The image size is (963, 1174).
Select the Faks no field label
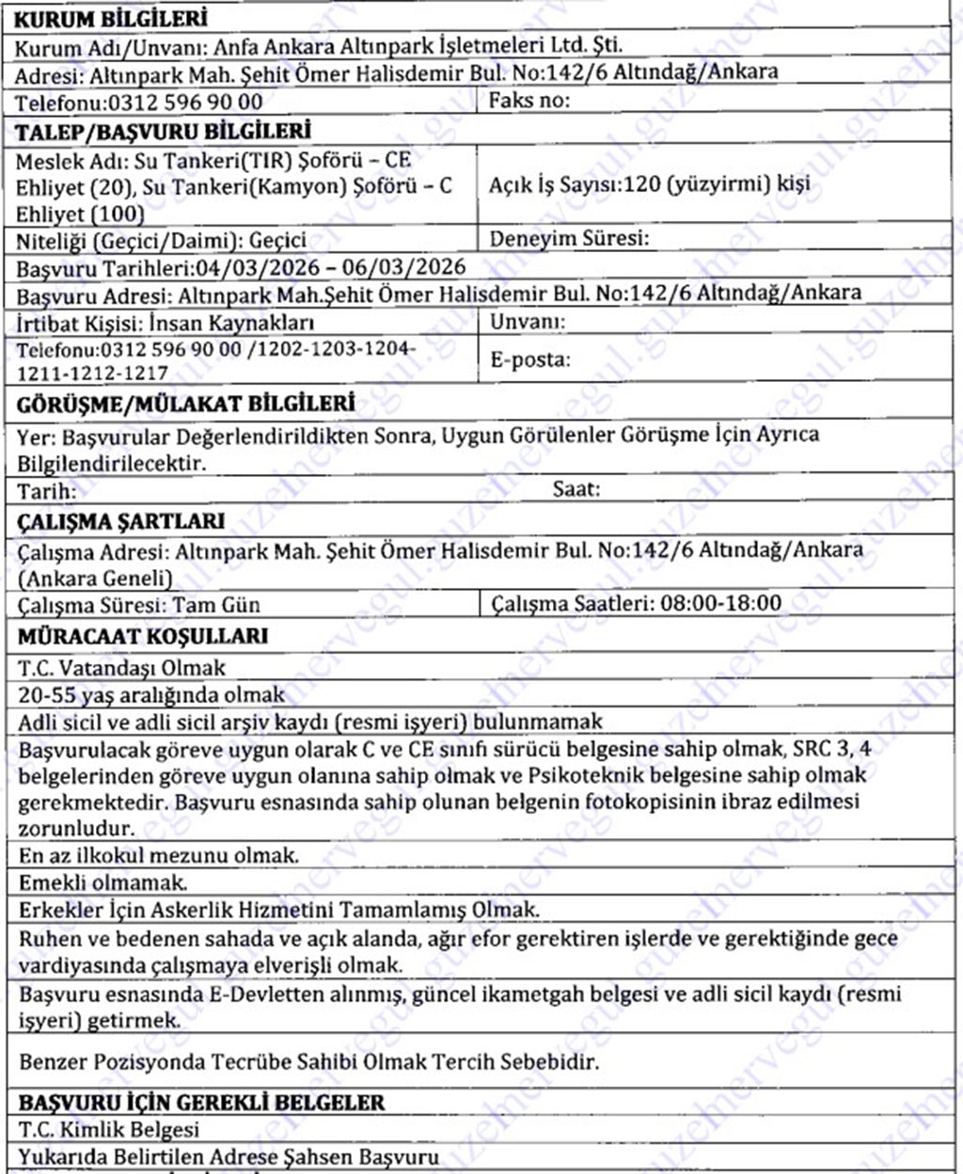pos(529,100)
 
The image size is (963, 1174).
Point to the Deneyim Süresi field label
pos(569,238)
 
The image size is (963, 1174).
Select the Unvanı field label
pos(528,321)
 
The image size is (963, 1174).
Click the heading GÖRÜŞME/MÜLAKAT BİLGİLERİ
pos(185,404)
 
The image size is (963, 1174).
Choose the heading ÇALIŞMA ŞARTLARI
pos(121,521)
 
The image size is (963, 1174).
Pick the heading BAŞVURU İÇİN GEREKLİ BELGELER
pos(200,1102)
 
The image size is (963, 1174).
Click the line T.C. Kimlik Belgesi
pos(108,1129)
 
